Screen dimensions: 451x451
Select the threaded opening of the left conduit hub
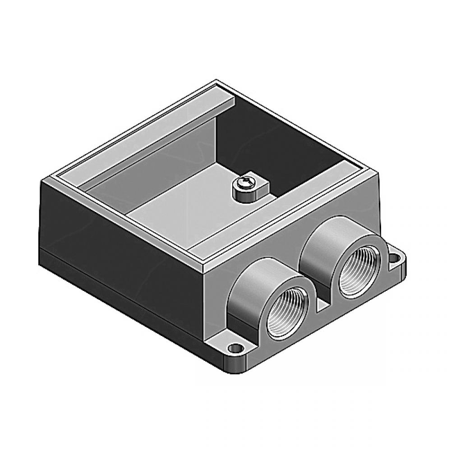pos(289,316)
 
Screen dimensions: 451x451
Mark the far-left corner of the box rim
pos(43,179)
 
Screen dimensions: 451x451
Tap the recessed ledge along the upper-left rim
pos(135,135)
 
